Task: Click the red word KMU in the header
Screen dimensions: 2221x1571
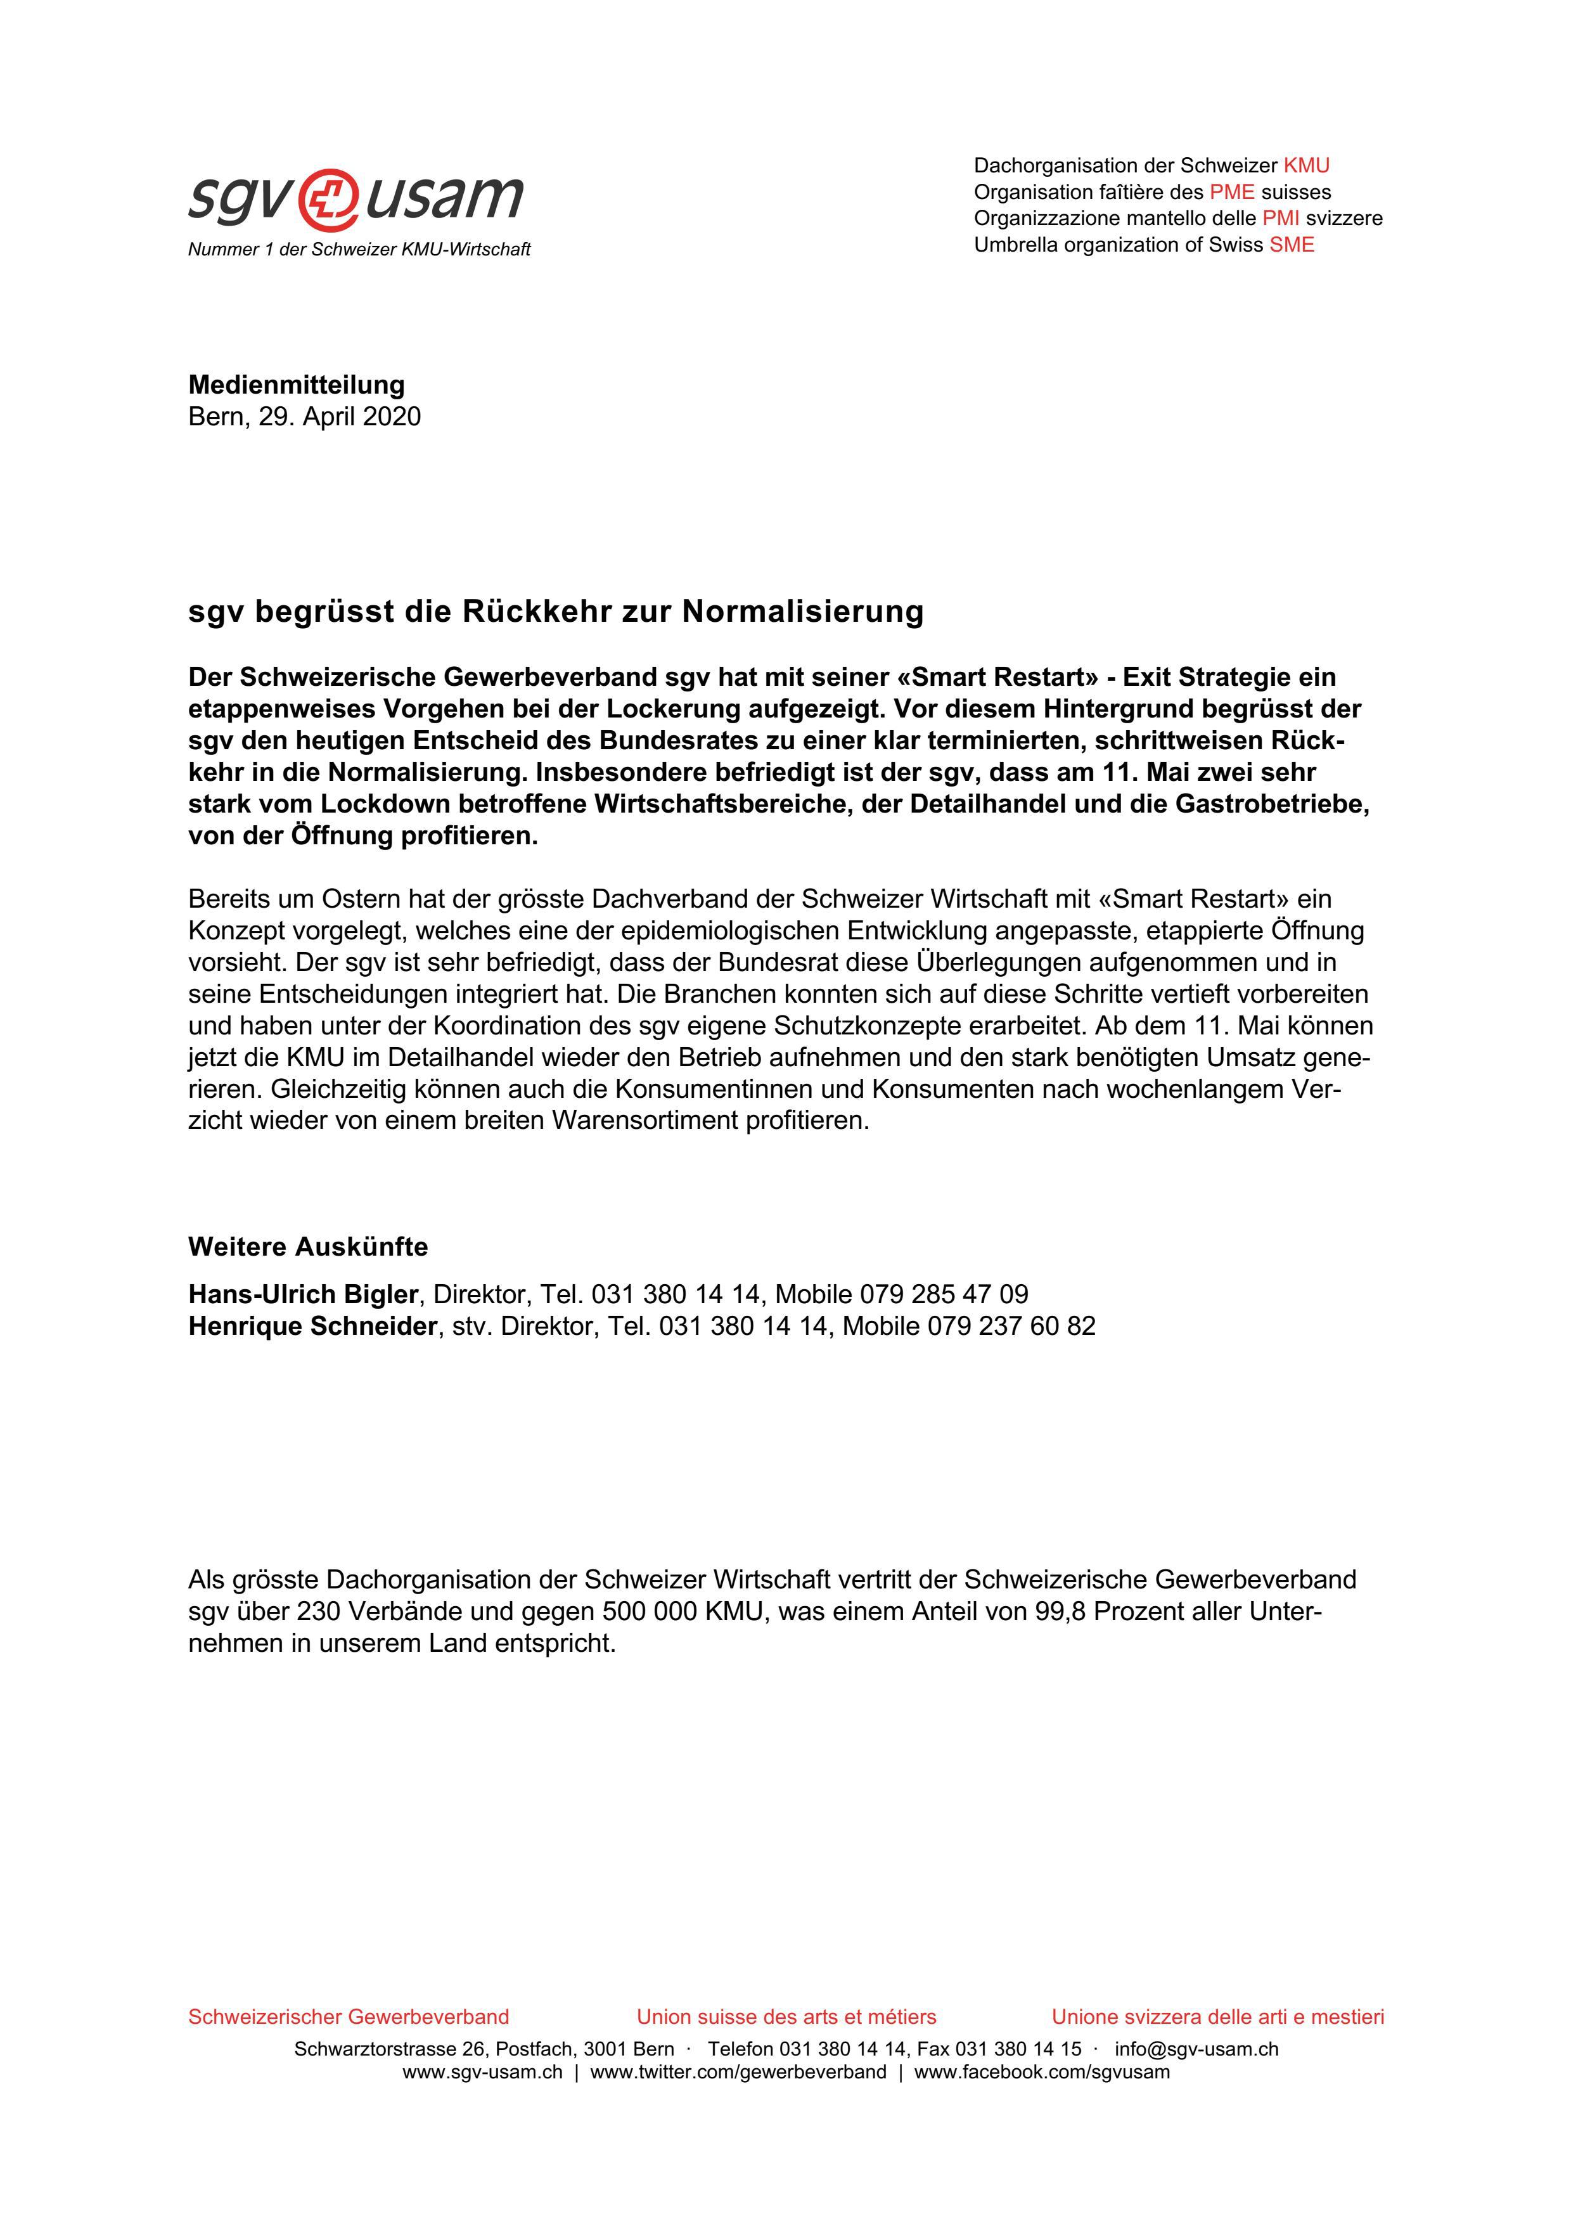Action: pyautogui.click(x=1306, y=165)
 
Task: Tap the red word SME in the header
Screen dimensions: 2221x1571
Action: pyautogui.click(x=1292, y=245)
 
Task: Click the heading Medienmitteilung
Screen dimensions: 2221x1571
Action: pyautogui.click(x=296, y=385)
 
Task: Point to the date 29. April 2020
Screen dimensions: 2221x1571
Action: pyautogui.click(x=338, y=417)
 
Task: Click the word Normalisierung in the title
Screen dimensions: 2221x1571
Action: pyautogui.click(x=803, y=612)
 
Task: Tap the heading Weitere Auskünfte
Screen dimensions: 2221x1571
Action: pyautogui.click(x=307, y=1247)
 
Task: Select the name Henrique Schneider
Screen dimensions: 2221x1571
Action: pyautogui.click(x=312, y=1326)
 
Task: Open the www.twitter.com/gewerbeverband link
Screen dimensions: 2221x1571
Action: pyautogui.click(x=738, y=2072)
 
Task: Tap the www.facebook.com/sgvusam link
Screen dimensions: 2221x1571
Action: pyautogui.click(x=1042, y=2072)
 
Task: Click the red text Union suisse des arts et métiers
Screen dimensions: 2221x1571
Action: pyautogui.click(x=786, y=2017)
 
